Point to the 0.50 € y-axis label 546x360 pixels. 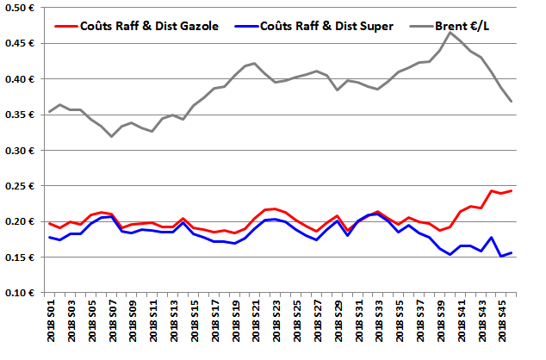[21, 8]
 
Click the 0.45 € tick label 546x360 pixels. [21, 43]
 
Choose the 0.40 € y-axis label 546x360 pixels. [21, 79]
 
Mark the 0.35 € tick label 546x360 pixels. [21, 115]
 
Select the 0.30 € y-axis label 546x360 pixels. [21, 151]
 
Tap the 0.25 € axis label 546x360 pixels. [21, 186]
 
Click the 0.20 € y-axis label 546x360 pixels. [21, 222]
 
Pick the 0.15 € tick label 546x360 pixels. [21, 258]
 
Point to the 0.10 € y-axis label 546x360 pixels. [21, 294]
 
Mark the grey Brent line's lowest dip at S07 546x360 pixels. [112, 136]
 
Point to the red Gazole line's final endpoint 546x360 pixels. [512, 190]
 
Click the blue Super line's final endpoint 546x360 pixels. [512, 252]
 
